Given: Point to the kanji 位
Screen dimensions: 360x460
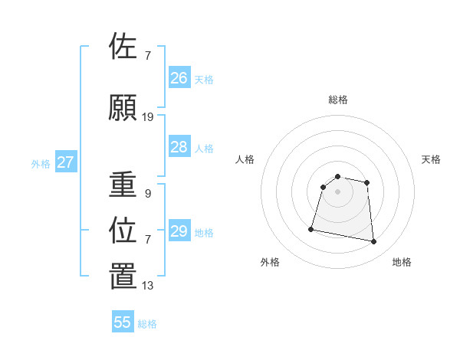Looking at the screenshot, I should click(x=123, y=230).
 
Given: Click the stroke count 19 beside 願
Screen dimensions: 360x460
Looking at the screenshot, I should click(x=148, y=117).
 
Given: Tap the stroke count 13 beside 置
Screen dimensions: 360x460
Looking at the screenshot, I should click(x=148, y=286).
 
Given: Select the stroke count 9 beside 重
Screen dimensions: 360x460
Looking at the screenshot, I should click(x=147, y=194).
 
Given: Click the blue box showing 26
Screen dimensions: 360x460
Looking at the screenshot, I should click(x=179, y=77).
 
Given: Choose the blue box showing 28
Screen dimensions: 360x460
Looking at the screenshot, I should click(x=179, y=147).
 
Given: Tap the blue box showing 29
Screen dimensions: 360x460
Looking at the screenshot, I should click(x=179, y=231).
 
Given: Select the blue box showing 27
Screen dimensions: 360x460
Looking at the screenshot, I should click(x=66, y=162).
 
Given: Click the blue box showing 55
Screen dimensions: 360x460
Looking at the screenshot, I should click(x=123, y=322).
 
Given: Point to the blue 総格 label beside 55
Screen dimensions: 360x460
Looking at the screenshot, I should click(x=147, y=324).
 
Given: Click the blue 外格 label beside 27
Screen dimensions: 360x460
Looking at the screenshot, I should click(x=41, y=164).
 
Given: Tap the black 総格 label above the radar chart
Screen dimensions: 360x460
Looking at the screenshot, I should click(x=338, y=100).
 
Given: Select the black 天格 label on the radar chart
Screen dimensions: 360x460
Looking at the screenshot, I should click(x=432, y=159).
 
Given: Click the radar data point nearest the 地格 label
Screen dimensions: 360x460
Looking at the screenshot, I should click(x=374, y=242).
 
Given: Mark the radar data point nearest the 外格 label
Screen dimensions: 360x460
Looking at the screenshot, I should click(x=311, y=228).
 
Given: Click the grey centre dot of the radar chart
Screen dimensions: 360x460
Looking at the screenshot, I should click(x=338, y=191).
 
